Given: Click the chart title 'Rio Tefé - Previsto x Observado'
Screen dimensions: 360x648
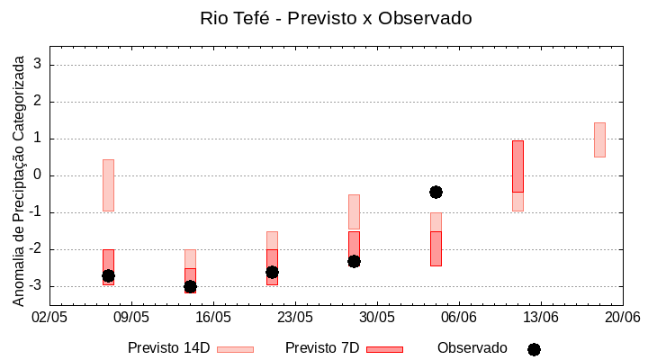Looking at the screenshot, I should [335, 18].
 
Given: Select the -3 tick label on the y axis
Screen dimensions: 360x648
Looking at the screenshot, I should [36, 286].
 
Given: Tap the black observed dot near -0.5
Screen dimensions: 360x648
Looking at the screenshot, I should [436, 192].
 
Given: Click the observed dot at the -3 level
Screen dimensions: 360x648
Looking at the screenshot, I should [190, 286].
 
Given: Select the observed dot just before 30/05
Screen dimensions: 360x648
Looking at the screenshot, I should [354, 261].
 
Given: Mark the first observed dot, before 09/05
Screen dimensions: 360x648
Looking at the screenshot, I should [108, 275].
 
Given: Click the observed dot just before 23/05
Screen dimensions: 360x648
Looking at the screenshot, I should [272, 272].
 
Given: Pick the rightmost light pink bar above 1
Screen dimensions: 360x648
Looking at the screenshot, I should [599, 139].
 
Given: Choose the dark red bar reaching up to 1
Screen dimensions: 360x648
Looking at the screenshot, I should [517, 166].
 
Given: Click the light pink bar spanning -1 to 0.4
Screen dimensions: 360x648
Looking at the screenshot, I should [108, 184].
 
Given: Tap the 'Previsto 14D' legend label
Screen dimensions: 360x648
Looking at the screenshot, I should [169, 348].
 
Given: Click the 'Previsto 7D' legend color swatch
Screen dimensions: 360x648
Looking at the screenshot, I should [384, 349].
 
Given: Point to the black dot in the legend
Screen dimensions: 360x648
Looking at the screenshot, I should [534, 349].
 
